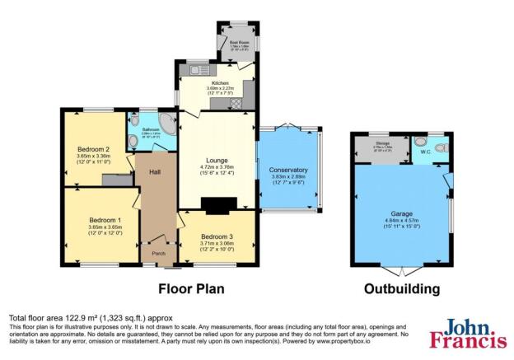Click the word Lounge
(x=218, y=160)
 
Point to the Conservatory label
(x=288, y=169)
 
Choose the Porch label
(x=158, y=254)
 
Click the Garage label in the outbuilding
(x=401, y=220)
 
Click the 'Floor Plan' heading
(x=191, y=290)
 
